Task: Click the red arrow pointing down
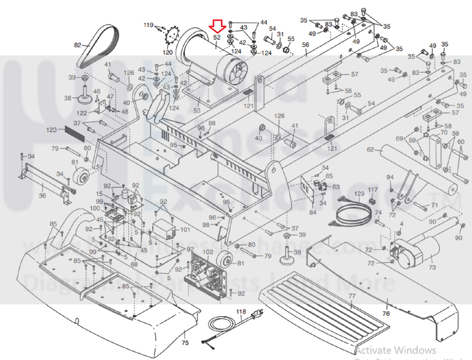[x=217, y=26]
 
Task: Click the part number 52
[x=217, y=37]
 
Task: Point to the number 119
[x=148, y=25]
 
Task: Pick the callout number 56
[x=305, y=45]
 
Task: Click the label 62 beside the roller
[x=370, y=150]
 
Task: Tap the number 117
[x=373, y=190]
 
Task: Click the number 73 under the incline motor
[x=432, y=267]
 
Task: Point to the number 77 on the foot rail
[x=352, y=296]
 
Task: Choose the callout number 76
[x=386, y=314]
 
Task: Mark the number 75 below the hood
[x=185, y=343]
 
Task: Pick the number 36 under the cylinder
[x=42, y=196]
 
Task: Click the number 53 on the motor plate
[x=197, y=110]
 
